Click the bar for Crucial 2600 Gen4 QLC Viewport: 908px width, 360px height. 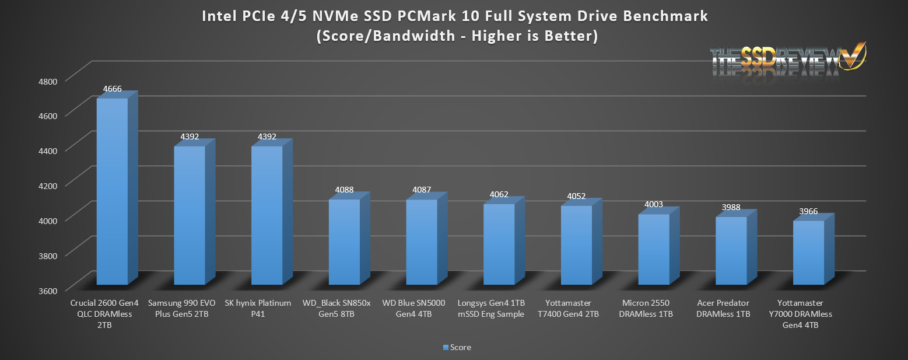[x=112, y=193]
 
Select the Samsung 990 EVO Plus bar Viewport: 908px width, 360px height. [x=190, y=216]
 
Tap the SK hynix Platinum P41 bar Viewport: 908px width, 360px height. [x=267, y=216]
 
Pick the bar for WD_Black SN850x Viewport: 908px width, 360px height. [x=344, y=242]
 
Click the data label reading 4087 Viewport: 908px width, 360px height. [x=422, y=190]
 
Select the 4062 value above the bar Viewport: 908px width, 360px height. [x=499, y=195]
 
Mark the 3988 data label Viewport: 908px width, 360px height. [x=731, y=208]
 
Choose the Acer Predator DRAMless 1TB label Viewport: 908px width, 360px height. [x=731, y=309]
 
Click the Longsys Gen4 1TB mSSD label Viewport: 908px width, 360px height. [x=499, y=309]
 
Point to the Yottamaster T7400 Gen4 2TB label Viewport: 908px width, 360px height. [x=576, y=309]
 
